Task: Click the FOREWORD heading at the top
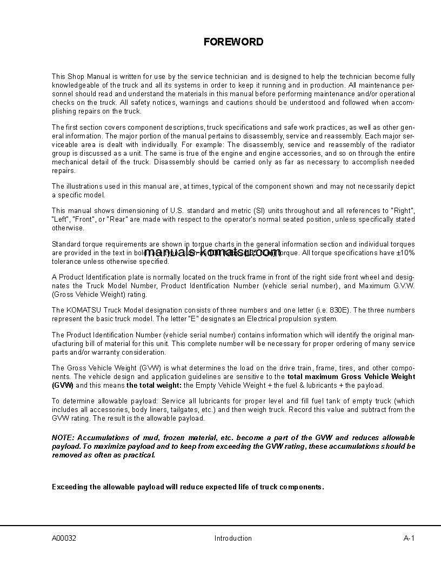pos(233,42)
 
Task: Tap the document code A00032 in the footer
pos(64,538)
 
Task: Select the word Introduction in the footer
pos(233,538)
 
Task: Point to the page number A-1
pos(409,538)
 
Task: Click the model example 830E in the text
pos(340,310)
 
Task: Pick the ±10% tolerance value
pos(406,253)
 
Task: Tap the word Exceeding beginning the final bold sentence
pos(70,487)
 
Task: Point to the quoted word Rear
pos(117,220)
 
